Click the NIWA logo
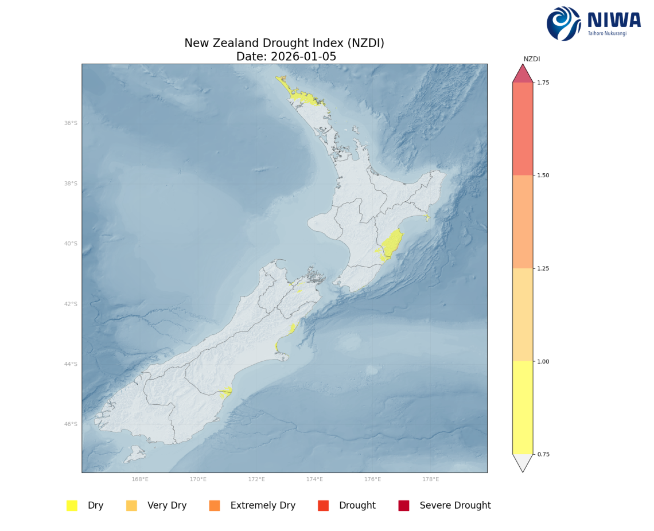pyautogui.click(x=593, y=23)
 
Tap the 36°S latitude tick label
pyautogui.click(x=71, y=123)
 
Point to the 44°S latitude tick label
pyautogui.click(x=71, y=364)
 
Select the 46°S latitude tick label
pyautogui.click(x=71, y=424)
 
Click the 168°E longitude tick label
pyautogui.click(x=140, y=479)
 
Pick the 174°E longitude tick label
pyautogui.click(x=314, y=479)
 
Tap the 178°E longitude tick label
pyautogui.click(x=430, y=479)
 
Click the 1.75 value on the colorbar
pyautogui.click(x=543, y=83)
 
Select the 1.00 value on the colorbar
pyautogui.click(x=543, y=361)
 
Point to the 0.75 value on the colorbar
pyautogui.click(x=543, y=454)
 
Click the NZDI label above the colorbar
pyautogui.click(x=531, y=59)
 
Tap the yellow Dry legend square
pyautogui.click(x=72, y=505)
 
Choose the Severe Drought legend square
pyautogui.click(x=404, y=505)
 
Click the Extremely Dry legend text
pyautogui.click(x=263, y=505)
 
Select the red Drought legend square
pyautogui.click(x=323, y=505)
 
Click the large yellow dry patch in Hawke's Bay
pyautogui.click(x=392, y=244)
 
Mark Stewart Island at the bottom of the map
pyautogui.click(x=135, y=454)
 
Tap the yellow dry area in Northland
pyautogui.click(x=304, y=97)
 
